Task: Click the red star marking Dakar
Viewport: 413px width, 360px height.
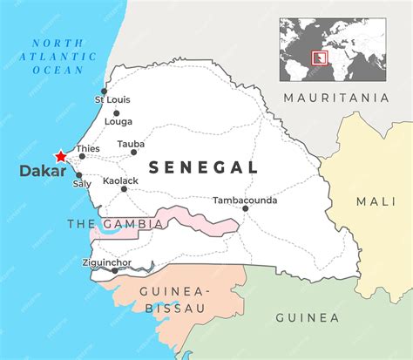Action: pos(60,156)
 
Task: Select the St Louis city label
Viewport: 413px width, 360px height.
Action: pos(112,99)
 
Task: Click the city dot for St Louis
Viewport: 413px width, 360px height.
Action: pos(104,91)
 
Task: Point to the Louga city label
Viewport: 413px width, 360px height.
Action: pos(118,122)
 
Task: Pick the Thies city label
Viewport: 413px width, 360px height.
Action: pos(89,149)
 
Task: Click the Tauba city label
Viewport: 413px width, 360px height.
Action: pos(131,144)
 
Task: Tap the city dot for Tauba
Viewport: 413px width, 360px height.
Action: pos(133,153)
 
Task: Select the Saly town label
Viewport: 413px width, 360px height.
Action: pos(82,184)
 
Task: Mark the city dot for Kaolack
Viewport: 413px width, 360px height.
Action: pos(124,188)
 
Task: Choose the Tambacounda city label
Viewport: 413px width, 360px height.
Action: pos(245,200)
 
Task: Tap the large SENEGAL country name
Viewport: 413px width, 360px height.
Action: pos(203,166)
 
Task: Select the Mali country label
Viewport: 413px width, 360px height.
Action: pos(376,201)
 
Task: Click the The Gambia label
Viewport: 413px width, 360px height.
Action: pos(115,224)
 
